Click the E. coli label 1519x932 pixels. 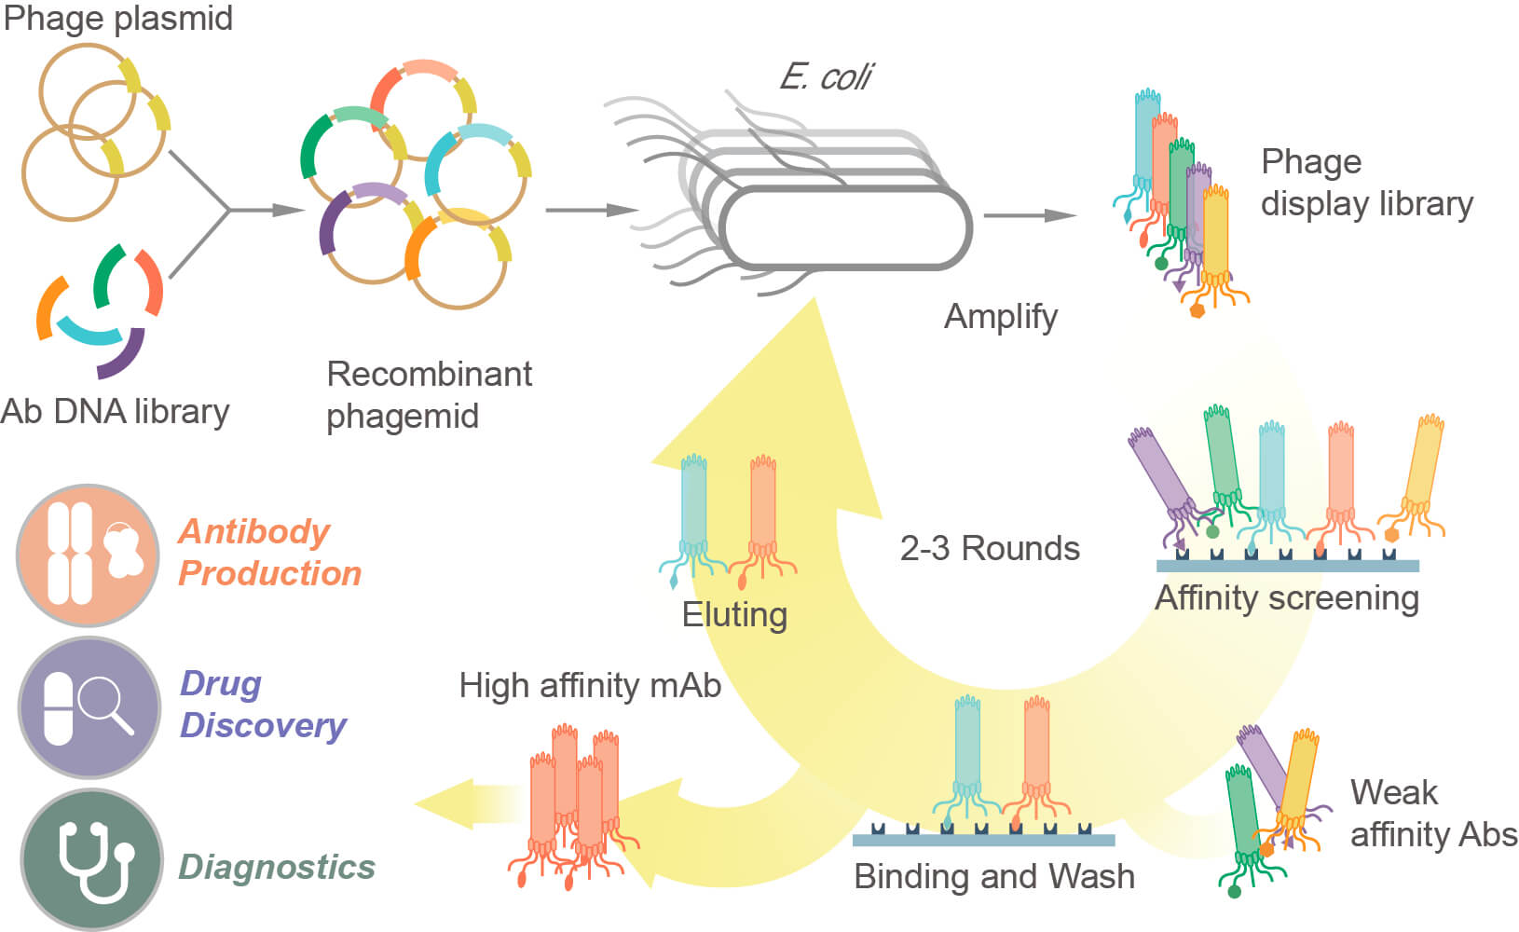click(x=825, y=76)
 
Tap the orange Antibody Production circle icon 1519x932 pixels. click(x=89, y=555)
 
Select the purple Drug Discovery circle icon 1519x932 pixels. click(x=89, y=707)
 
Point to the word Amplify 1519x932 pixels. click(x=1001, y=317)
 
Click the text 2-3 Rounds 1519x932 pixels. click(x=990, y=548)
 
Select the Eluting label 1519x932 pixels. click(x=734, y=615)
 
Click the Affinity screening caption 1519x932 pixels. click(x=1287, y=597)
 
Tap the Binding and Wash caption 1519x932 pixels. click(x=994, y=877)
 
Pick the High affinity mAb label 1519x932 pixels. click(x=590, y=686)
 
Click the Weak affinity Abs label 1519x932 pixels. click(x=1433, y=813)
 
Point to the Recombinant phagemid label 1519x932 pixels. click(x=429, y=395)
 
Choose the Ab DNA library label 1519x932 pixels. click(x=115, y=411)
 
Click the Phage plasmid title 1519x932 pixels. click(x=117, y=19)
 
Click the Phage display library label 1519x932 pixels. click(x=1366, y=183)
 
